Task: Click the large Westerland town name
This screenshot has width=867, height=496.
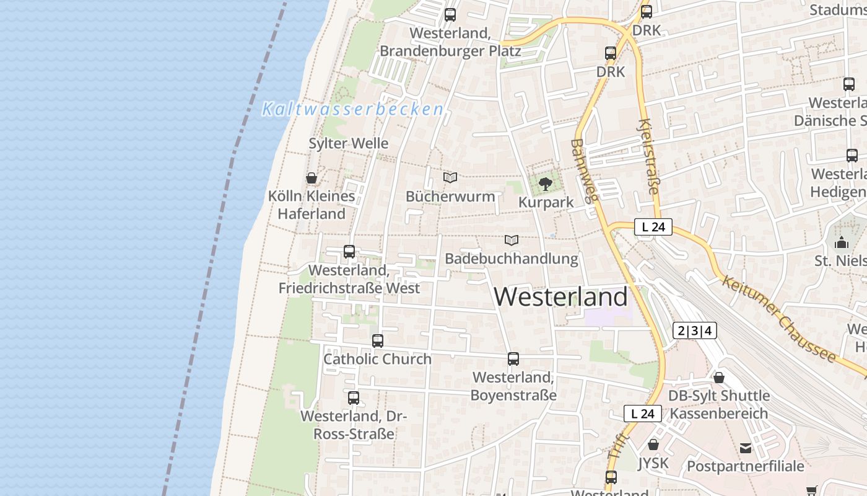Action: pos(560,297)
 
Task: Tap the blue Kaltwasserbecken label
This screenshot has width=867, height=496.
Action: pos(352,109)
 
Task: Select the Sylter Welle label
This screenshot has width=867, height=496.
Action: pos(349,143)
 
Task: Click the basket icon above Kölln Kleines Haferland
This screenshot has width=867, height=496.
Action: pos(312,178)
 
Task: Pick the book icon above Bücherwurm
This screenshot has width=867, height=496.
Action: pos(450,178)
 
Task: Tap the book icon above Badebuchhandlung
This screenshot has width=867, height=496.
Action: pos(512,240)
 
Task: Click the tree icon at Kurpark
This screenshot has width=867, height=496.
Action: pos(546,184)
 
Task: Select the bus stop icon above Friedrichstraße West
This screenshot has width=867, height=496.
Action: pos(349,252)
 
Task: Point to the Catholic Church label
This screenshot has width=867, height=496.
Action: pos(377,359)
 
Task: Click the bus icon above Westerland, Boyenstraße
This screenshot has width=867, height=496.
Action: pos(513,359)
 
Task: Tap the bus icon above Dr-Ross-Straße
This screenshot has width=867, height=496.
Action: pos(354,398)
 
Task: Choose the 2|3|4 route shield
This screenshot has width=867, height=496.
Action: pos(695,331)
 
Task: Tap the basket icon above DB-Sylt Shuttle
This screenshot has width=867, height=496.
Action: pos(719,378)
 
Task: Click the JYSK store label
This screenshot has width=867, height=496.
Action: pos(653,463)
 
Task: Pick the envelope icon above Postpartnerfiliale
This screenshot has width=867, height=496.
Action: pos(746,448)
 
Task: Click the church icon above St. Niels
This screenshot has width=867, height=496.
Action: pos(841,242)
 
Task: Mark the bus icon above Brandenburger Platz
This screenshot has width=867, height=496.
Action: pos(450,15)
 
